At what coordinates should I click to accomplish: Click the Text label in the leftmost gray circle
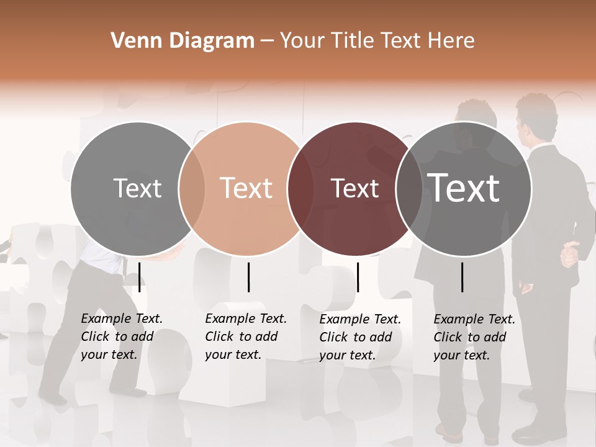(x=137, y=188)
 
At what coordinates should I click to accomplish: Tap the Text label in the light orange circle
(x=246, y=188)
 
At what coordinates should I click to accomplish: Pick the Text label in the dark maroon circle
(x=354, y=188)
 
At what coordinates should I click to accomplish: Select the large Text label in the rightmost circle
(x=464, y=187)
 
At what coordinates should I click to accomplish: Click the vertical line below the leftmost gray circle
(x=140, y=277)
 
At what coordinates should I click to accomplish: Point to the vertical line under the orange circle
(x=248, y=277)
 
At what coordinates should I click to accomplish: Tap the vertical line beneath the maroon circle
(x=358, y=277)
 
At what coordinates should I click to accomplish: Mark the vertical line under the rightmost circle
(x=462, y=277)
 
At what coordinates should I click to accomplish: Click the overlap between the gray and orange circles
(x=192, y=189)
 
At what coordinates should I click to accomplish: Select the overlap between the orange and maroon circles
(x=300, y=189)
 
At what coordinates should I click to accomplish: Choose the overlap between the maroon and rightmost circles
(x=409, y=189)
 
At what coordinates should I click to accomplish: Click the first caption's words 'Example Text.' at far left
(x=122, y=318)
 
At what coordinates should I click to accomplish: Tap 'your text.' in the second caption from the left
(x=233, y=354)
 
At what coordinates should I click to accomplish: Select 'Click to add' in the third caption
(x=356, y=337)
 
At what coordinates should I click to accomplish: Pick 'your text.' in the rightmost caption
(x=461, y=355)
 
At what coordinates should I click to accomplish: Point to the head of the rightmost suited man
(x=536, y=116)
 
